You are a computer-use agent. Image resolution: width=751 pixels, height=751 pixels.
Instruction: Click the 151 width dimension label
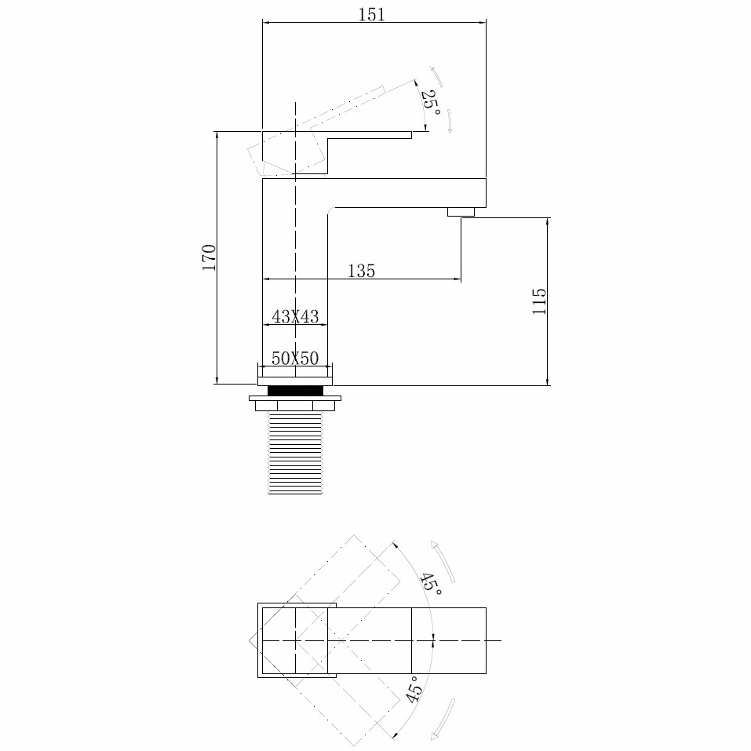(x=373, y=14)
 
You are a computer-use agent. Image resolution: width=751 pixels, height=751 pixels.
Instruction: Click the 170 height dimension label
(x=209, y=257)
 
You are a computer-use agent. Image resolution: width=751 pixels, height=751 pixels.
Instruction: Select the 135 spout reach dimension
(x=361, y=271)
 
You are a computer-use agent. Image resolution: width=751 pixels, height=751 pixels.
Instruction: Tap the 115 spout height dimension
(x=539, y=301)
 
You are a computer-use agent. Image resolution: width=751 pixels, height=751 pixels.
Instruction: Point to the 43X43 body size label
(x=294, y=317)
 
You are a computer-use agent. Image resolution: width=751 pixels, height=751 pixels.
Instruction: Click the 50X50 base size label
(x=294, y=359)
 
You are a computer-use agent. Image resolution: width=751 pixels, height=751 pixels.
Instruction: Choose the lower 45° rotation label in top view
(x=415, y=691)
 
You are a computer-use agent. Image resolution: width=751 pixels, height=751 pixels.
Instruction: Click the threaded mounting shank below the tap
(x=295, y=454)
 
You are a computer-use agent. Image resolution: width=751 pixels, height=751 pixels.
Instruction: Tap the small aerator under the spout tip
(x=461, y=212)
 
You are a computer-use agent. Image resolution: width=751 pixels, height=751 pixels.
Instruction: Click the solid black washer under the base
(x=296, y=390)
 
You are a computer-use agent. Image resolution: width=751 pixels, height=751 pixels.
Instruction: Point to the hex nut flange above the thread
(x=296, y=401)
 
